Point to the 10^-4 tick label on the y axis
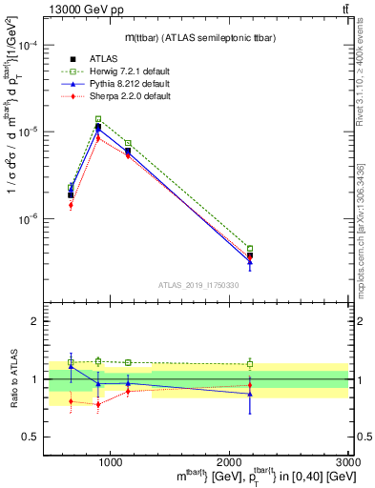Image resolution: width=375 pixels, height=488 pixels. point(30,45)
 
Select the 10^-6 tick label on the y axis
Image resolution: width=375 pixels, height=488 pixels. point(30,218)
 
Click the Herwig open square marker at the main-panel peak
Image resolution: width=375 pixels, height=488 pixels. point(98,119)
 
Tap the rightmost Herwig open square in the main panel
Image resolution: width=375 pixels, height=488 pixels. point(250,249)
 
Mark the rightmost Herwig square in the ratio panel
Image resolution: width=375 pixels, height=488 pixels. point(250,364)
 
